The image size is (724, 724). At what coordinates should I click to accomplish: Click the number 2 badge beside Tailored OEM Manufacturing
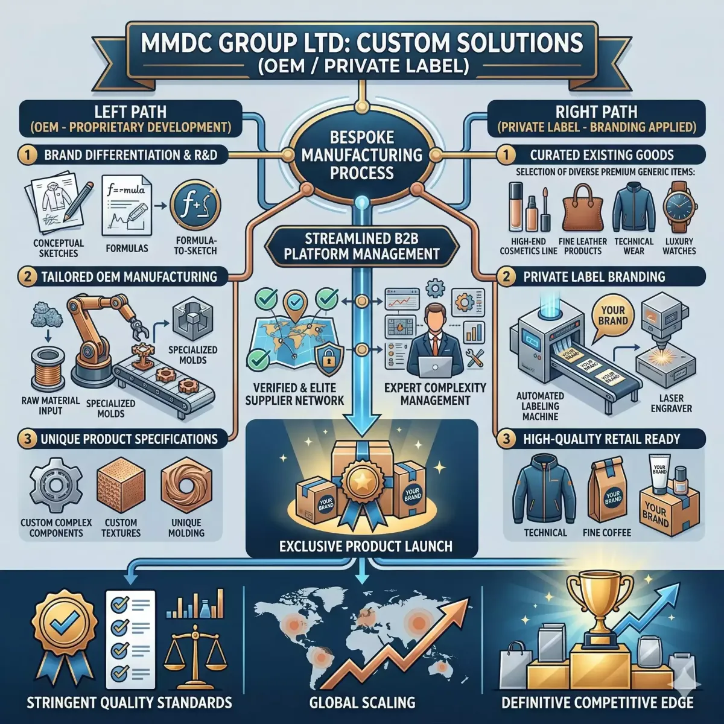(x=27, y=277)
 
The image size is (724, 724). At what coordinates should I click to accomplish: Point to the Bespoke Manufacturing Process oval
(x=361, y=155)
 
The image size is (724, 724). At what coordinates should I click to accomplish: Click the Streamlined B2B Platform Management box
(x=361, y=245)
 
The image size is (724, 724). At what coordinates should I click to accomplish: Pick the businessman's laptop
(x=435, y=364)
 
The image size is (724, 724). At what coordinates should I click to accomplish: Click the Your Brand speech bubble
(x=614, y=315)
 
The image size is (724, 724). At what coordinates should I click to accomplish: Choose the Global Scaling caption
(x=362, y=702)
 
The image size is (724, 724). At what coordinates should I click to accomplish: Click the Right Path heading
(x=595, y=112)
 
